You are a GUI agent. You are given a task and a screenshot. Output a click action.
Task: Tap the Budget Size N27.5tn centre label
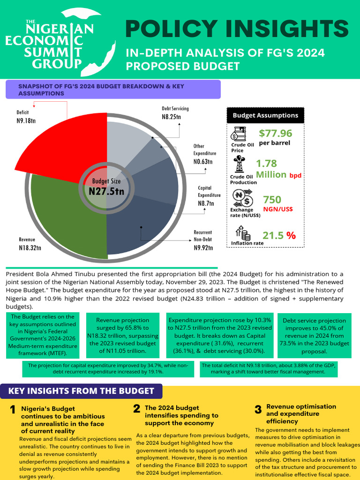(106, 187)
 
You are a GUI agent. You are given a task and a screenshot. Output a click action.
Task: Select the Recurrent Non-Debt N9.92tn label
(203, 240)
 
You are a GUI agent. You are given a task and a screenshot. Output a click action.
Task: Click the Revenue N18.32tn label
(30, 244)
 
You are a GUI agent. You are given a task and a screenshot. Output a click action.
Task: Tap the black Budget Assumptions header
(265, 115)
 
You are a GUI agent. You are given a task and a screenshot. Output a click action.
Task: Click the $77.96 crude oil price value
(275, 134)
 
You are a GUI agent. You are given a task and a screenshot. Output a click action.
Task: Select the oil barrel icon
(239, 135)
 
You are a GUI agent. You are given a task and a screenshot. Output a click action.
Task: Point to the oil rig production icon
(240, 164)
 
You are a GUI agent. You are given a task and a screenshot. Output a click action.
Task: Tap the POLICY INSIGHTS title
(237, 30)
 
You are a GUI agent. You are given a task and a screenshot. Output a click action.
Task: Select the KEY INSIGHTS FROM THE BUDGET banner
(81, 391)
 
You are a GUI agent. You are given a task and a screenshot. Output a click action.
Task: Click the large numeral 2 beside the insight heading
(136, 409)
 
